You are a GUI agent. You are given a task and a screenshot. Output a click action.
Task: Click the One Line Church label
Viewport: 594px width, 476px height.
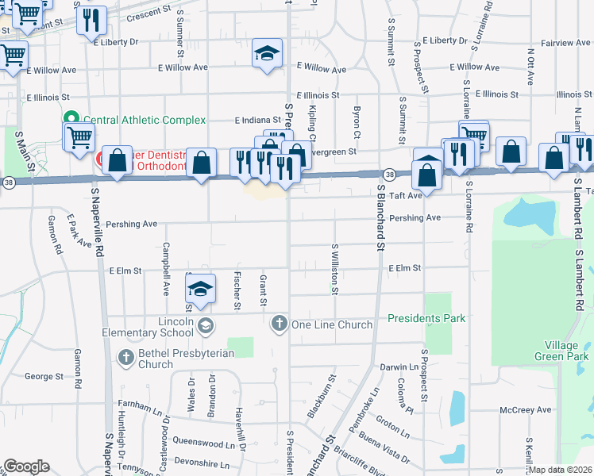pos(332,324)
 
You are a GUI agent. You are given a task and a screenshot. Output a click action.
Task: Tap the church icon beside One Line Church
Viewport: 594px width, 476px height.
pos(279,324)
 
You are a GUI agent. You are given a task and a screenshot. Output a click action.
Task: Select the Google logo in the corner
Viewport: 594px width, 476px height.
pos(26,466)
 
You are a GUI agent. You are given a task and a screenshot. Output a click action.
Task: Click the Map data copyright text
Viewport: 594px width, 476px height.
pos(560,470)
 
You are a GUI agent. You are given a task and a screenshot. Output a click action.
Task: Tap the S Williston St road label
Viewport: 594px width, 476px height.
pos(335,270)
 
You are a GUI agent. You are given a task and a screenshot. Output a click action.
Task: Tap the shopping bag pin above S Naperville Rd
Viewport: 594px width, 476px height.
pos(117,161)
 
